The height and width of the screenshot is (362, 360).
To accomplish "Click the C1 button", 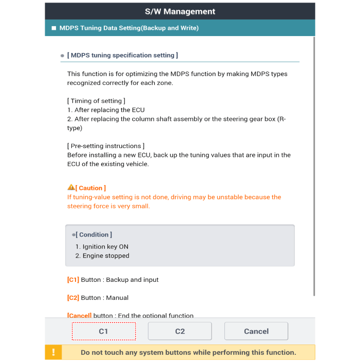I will coord(103,331).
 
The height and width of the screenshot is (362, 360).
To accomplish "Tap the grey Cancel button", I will coord(256,331).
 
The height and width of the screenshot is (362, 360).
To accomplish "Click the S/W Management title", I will coord(180,11).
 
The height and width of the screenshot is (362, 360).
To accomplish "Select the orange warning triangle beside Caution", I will coord(71,188).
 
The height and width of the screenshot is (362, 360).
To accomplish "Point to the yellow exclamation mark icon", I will coord(53,352).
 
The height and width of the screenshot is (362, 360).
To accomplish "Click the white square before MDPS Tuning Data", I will coord(53,28).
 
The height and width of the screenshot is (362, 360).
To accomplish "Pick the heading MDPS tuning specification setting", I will coord(122,55).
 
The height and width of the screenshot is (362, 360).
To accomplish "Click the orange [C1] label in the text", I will coord(73,280).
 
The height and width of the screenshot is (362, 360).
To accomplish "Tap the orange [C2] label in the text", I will coord(73,298).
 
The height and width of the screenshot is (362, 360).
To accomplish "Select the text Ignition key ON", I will coord(105,247).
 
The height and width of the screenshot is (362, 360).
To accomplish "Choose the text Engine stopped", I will coord(106,256).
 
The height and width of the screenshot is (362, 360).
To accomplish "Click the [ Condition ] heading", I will coord(94,234).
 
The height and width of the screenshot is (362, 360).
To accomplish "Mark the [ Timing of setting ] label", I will coord(96,101).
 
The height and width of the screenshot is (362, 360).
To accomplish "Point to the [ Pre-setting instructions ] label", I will coord(106,146).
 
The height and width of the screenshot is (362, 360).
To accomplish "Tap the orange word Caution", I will coord(91,188).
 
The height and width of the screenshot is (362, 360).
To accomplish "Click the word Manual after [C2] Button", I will coord(117,298).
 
